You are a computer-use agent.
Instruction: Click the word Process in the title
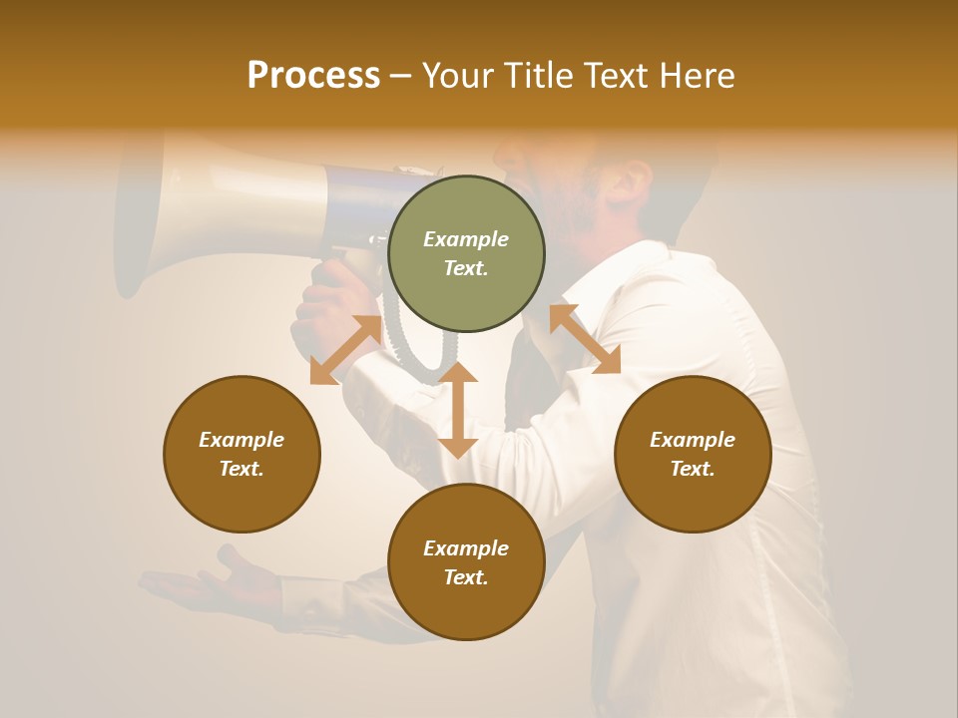313,76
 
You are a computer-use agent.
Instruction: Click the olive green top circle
466,253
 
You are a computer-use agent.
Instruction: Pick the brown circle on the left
241,454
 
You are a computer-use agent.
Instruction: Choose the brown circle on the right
693,454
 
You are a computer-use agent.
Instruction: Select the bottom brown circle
466,562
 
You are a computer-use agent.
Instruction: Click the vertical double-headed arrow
458,410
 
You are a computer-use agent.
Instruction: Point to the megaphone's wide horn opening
135,214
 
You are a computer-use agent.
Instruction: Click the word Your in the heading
458,76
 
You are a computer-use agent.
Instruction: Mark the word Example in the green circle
466,239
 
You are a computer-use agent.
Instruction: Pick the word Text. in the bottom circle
466,577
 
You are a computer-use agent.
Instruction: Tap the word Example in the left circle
241,440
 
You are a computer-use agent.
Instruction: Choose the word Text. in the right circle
693,469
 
